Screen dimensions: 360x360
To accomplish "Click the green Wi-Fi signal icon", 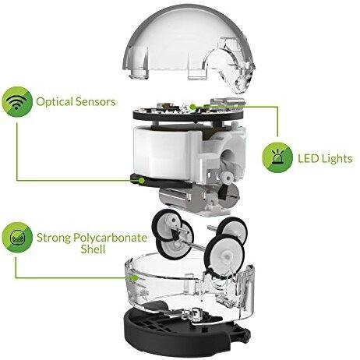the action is (17, 102).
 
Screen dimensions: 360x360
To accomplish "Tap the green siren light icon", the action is (277, 157).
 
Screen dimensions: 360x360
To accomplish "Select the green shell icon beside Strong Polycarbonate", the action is (17, 238).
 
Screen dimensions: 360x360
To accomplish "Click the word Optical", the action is (54, 102).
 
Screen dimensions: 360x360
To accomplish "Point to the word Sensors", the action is (95, 102).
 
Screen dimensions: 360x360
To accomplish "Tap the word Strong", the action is (54, 238).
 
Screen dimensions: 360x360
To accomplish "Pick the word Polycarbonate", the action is (111, 238).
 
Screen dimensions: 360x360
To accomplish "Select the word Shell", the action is (93, 249).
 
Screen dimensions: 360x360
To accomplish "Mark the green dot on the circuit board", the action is (192, 107).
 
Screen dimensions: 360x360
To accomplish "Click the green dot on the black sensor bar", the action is (142, 180).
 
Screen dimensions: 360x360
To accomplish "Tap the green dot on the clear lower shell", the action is (135, 278).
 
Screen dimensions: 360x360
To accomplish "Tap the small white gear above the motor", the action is (228, 178).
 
